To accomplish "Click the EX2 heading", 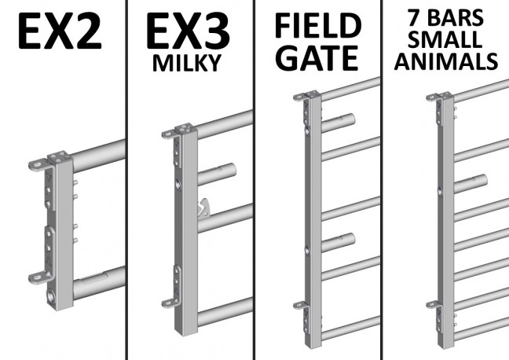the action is click(x=60, y=31).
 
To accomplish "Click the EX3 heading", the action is click(x=188, y=31).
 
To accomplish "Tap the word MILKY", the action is click(x=187, y=63).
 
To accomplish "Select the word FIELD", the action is click(x=318, y=26).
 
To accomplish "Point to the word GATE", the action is click(x=318, y=58).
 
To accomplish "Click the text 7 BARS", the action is click(x=446, y=17).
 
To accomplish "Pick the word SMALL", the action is click(x=445, y=39).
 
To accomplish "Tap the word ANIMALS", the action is click(x=446, y=61).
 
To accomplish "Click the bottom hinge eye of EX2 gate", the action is click(x=38, y=278).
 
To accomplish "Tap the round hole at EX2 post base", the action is click(x=52, y=296).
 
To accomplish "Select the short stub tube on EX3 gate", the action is click(x=216, y=174).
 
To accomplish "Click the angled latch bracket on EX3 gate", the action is click(x=204, y=208).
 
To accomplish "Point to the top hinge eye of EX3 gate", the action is click(x=169, y=134).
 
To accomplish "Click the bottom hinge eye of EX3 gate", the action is click(x=169, y=303).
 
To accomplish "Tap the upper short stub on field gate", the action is click(x=339, y=123).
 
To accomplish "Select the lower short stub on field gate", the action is click(x=339, y=242).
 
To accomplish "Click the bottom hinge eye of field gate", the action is click(x=300, y=306).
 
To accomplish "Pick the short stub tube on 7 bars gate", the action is click(x=471, y=184).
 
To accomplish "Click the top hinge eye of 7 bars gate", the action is click(x=433, y=97).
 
